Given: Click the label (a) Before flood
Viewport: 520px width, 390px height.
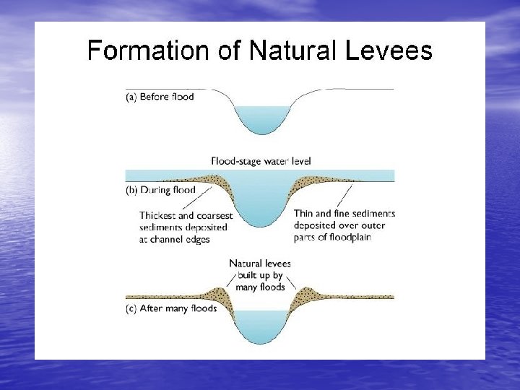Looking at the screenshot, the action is coord(160,96).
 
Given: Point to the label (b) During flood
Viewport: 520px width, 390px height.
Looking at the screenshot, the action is coord(160,190).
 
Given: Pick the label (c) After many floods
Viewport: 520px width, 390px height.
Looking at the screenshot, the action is coord(170,308).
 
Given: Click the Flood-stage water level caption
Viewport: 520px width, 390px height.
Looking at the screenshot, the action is coord(261,161).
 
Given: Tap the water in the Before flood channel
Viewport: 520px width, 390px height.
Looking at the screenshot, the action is coord(262,118).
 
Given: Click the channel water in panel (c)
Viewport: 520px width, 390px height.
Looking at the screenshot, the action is coord(261,326).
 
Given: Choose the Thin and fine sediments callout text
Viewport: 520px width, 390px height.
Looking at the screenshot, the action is coord(344,225).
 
